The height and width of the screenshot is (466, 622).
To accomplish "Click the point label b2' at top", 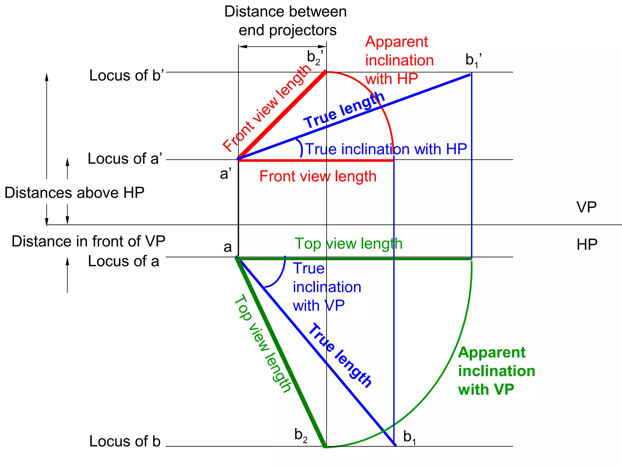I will tap(315, 58).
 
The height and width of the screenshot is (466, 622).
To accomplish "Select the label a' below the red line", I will tap(226, 174).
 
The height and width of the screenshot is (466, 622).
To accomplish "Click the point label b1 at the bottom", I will tap(410, 437).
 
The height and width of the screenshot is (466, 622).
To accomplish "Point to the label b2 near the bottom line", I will tap(301, 436).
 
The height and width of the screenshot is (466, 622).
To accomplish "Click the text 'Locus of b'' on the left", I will tap(126, 76).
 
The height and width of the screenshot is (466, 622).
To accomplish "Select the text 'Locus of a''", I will tap(125, 159).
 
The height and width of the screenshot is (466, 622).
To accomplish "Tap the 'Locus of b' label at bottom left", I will tap(125, 441).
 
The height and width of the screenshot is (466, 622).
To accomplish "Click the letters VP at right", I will tap(586, 208).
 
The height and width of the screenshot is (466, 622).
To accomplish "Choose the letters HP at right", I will tap(587, 245).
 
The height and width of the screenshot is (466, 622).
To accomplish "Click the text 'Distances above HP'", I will tap(74, 193).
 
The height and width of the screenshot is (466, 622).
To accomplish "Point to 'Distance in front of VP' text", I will tap(88, 242).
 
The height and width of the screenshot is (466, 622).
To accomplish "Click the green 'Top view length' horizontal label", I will tap(348, 244).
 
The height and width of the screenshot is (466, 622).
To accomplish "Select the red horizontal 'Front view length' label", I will tap(318, 177).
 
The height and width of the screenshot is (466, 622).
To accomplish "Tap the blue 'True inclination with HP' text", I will tap(386, 149).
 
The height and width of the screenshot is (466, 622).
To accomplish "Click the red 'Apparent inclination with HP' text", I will tap(399, 60).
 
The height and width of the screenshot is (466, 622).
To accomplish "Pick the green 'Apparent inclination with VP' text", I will tap(496, 371).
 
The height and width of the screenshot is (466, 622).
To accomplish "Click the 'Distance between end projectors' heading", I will tap(286, 21).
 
